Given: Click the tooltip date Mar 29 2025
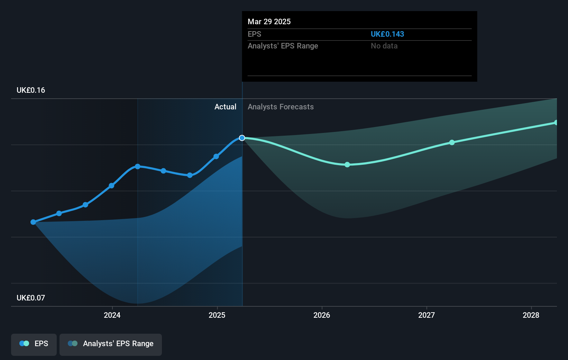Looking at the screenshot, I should [x=269, y=21].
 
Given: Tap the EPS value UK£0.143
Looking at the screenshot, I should [x=387, y=34].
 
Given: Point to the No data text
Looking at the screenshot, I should [x=384, y=46].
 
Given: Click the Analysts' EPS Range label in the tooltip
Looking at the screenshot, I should [x=283, y=46].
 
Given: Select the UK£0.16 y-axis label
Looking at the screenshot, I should [x=31, y=90].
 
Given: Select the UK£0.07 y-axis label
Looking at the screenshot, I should [x=31, y=298].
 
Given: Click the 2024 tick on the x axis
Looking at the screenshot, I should [x=112, y=315].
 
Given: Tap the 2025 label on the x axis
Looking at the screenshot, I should [x=217, y=315].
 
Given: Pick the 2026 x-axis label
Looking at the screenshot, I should [x=322, y=315].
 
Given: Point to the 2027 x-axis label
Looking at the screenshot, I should [x=426, y=315].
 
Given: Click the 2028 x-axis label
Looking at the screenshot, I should [x=531, y=315].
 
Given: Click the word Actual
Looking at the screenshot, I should [x=225, y=107].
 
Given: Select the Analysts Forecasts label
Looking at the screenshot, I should [x=281, y=107].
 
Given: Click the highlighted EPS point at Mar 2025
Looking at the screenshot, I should [x=242, y=138].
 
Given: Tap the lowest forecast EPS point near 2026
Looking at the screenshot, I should [x=347, y=164].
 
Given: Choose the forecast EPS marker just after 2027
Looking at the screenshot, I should [x=452, y=142].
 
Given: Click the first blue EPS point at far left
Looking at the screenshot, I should [x=33, y=222].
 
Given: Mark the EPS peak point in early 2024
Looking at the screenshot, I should [x=138, y=166].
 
